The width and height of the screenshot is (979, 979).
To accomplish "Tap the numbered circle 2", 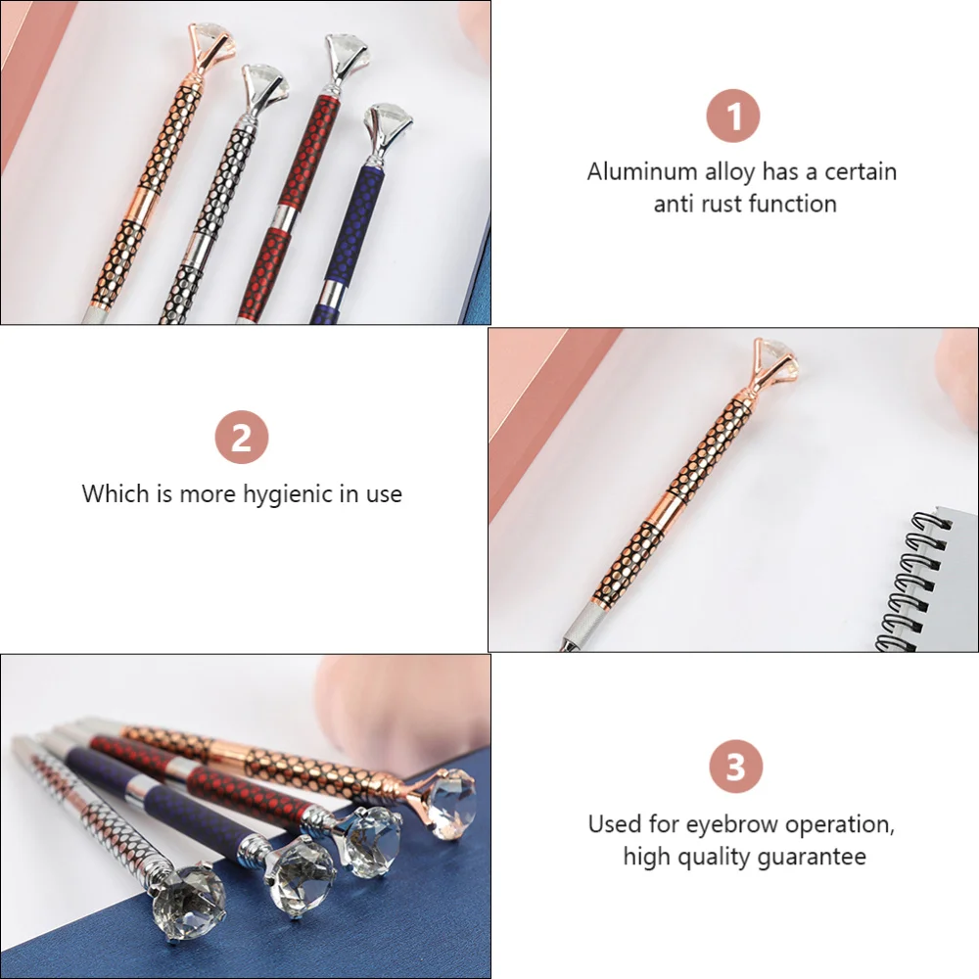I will (x=241, y=438).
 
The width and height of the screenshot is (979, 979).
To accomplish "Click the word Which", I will (x=117, y=493).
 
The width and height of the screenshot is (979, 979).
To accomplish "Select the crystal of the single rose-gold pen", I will (x=772, y=352).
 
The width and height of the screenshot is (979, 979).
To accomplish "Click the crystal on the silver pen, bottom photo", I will (x=189, y=892).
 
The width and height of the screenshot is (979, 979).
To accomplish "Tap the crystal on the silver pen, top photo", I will (x=261, y=82).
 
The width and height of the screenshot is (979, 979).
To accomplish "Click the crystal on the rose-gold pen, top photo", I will (x=209, y=36).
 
